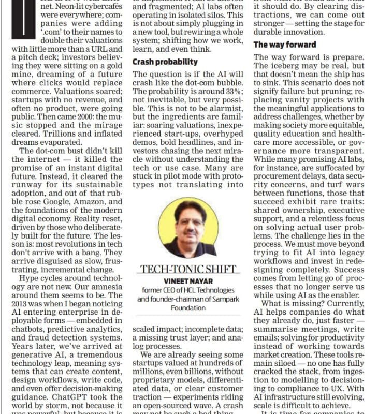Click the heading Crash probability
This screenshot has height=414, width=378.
[x=165, y=62]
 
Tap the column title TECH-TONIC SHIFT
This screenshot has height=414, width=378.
[x=188, y=269]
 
